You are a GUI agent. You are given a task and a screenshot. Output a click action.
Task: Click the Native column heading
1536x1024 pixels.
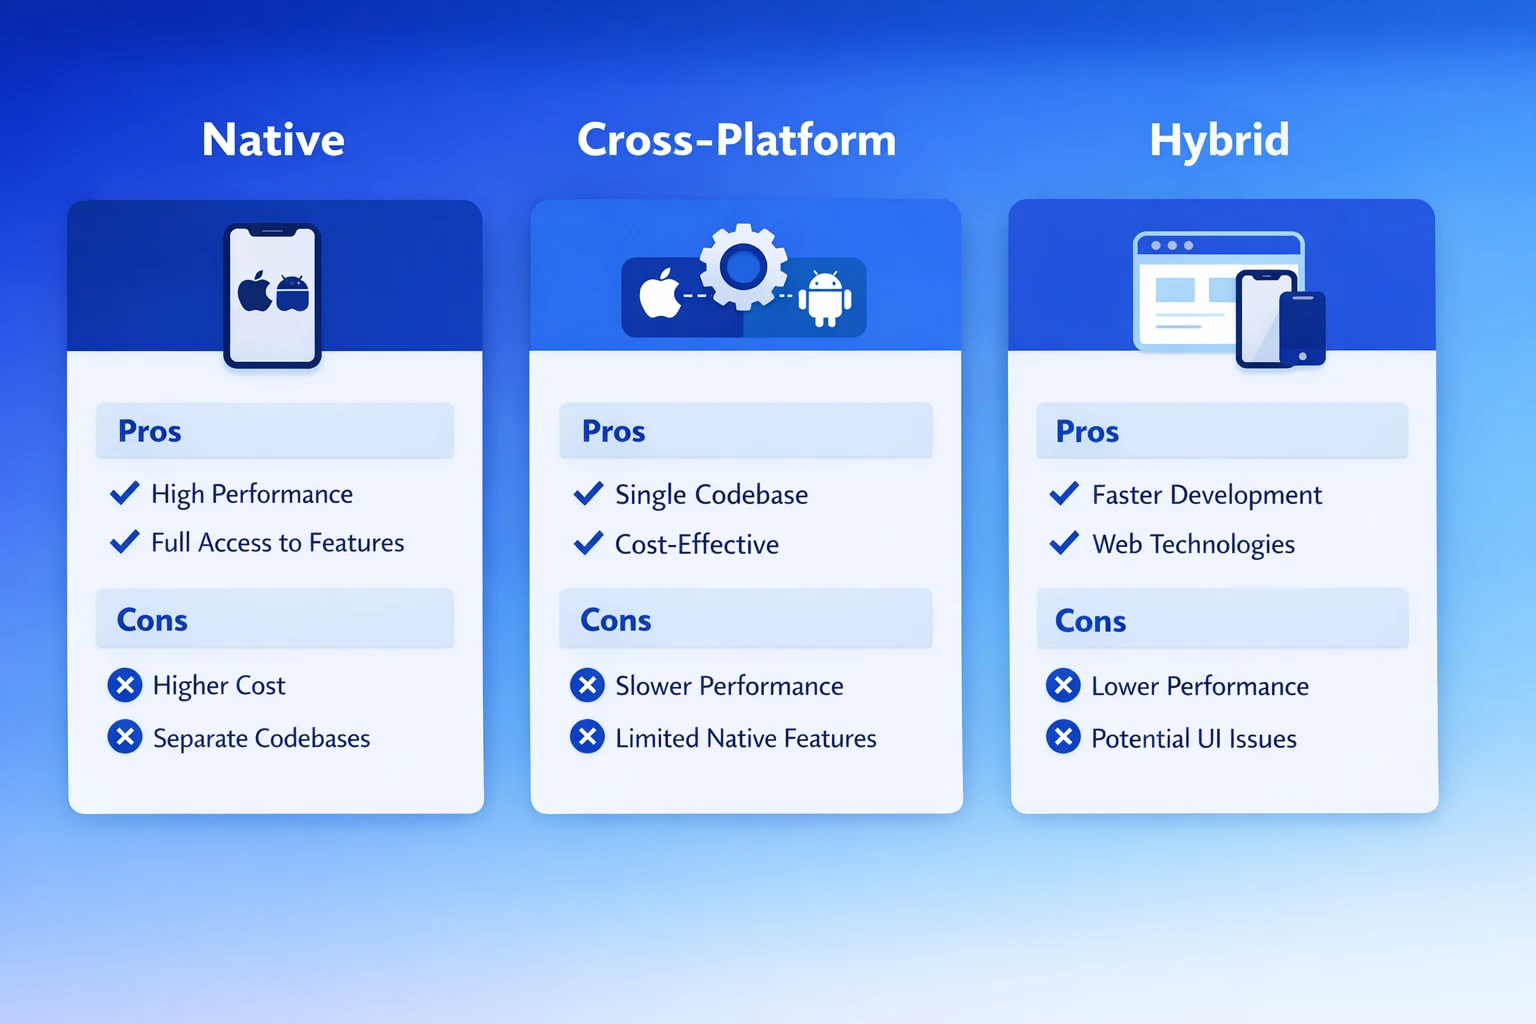pos(273,139)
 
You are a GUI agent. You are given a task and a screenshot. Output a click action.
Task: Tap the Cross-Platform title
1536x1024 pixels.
pos(736,139)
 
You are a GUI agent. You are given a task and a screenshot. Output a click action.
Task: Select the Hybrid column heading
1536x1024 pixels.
pos(1219,139)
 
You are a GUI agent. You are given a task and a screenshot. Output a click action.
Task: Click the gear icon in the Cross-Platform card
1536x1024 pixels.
pos(743,266)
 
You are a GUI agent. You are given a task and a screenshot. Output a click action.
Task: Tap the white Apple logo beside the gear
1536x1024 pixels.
pos(660,294)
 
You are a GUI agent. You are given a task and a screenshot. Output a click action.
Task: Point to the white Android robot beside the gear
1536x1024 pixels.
pos(825,298)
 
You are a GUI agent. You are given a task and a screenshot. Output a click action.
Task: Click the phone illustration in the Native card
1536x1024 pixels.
pos(272,295)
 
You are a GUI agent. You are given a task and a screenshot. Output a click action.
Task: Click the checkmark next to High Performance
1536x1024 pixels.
pos(125,493)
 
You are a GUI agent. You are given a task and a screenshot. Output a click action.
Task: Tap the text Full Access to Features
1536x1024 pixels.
pos(277,543)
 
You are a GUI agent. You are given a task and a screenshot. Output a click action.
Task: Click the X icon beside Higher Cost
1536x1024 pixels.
pos(125,685)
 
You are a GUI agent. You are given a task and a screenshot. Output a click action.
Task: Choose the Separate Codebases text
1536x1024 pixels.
pos(261,738)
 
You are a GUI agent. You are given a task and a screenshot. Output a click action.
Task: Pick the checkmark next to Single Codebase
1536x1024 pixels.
pos(588,493)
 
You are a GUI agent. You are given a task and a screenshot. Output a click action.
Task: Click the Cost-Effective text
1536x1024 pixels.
pos(696,544)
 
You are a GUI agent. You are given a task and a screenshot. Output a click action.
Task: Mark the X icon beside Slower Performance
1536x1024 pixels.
pos(587,685)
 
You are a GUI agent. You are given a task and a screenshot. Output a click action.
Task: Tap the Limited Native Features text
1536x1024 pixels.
pos(745,738)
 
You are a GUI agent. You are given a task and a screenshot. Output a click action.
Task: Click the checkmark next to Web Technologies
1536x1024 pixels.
pos(1064,543)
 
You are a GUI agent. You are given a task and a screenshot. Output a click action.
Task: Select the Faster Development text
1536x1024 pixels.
pos(1206,495)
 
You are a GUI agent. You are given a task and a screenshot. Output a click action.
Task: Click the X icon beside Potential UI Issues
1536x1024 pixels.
pos(1063,737)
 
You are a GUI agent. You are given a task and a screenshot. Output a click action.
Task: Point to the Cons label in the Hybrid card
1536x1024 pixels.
pos(1090,621)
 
